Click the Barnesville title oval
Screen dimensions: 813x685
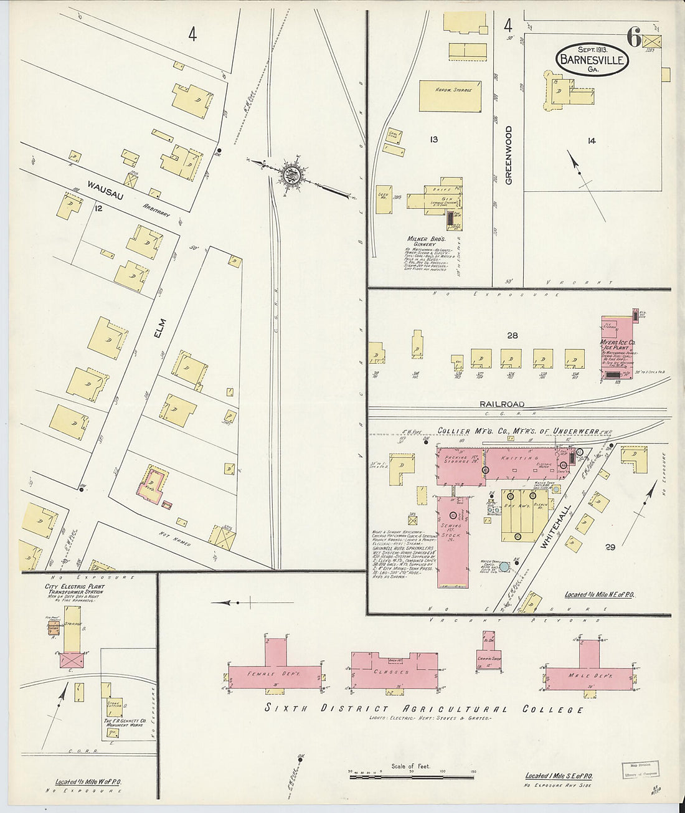[x=592, y=60]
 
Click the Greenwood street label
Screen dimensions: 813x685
[x=509, y=155]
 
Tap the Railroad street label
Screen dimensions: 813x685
[x=502, y=404]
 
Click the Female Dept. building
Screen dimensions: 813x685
[x=274, y=675]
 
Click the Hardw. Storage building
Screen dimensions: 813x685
[x=450, y=95]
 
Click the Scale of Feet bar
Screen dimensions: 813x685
[x=411, y=777]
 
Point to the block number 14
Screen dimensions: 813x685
[x=591, y=141]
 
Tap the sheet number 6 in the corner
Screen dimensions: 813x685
[x=634, y=39]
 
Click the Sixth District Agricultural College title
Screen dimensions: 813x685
[x=425, y=709]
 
